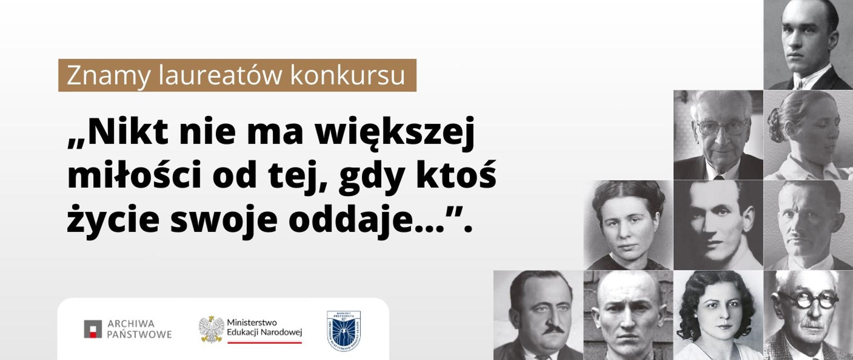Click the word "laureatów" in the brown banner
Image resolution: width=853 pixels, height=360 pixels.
point(220,76)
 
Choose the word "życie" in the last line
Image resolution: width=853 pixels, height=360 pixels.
point(113,219)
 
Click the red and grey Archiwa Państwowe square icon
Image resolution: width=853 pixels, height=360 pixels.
point(93,329)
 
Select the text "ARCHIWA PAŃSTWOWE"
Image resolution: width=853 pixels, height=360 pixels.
point(139,329)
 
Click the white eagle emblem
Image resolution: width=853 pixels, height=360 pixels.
point(211,329)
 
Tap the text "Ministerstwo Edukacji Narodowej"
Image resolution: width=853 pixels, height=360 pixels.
point(264,327)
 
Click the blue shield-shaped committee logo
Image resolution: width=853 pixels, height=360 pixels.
point(343,330)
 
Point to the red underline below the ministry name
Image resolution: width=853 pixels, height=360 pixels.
point(264,342)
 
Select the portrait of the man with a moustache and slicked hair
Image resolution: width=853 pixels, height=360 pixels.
point(538,316)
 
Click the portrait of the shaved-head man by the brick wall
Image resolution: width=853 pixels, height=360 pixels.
point(628,316)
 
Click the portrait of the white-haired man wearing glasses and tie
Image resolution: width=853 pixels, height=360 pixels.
point(718,135)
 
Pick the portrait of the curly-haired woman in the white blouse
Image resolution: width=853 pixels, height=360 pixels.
point(718,316)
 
